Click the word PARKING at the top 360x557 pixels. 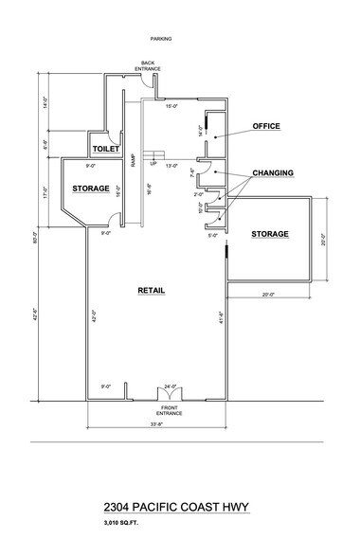[160, 39]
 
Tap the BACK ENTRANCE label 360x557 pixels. [148, 65]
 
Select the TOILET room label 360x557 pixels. [103, 150]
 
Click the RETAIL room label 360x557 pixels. [152, 291]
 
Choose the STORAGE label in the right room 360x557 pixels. [270, 233]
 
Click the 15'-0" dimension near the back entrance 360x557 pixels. [171, 106]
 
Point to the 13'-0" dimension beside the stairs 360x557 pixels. [171, 166]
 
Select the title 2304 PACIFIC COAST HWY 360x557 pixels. [179, 507]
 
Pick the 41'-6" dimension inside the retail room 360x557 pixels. [220, 319]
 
